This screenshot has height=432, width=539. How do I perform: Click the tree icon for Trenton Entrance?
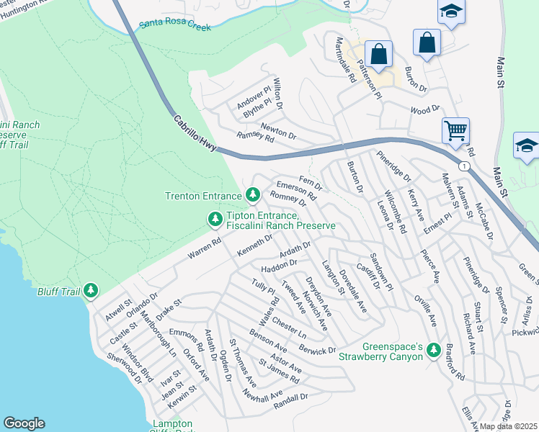tap(252, 194)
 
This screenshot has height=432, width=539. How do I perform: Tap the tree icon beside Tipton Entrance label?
tap(214, 217)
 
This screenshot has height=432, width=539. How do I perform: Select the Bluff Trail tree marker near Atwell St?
tap(91, 290)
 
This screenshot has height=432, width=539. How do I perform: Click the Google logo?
tap(24, 423)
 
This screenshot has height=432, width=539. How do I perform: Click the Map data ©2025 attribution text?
tap(509, 426)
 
